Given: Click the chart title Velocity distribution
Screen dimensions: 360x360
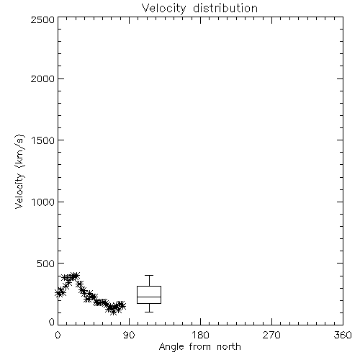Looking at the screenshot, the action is pos(199,9).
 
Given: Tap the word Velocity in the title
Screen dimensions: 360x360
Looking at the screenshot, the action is pos(163,9).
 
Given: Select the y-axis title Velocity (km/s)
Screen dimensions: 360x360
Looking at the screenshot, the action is pos(19,171).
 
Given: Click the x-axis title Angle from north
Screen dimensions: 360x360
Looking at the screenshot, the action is pos(199,346).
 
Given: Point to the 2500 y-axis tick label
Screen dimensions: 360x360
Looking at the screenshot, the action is pos(42,19).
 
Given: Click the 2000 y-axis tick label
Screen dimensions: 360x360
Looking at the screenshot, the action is pos(42,78).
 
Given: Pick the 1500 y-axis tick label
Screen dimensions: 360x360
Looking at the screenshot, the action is pos(43,140).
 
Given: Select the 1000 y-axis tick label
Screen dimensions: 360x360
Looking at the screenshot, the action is pos(43,202).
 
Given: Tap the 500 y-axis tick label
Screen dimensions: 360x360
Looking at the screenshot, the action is pos(46,264).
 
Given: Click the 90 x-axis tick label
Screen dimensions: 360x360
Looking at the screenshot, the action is pos(129,335).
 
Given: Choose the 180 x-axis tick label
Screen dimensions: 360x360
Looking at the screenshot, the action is pos(200,335).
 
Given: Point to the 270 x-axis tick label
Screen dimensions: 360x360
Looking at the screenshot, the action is pos(271,335).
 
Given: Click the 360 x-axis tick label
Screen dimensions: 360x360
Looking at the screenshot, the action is pos(343,335).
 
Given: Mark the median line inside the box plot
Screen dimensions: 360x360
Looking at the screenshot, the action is pos(149,297).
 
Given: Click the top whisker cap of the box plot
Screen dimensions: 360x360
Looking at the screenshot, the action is pos(149,276).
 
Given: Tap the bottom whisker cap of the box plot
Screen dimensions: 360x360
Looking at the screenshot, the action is pos(149,312).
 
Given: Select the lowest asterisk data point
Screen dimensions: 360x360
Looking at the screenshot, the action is pos(113,312).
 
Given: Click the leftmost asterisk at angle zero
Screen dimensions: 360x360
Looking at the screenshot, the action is pos(58,293).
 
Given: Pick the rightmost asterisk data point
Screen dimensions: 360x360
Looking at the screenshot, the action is pos(122,305).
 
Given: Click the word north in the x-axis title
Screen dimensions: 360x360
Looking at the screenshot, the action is pos(229,346).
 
